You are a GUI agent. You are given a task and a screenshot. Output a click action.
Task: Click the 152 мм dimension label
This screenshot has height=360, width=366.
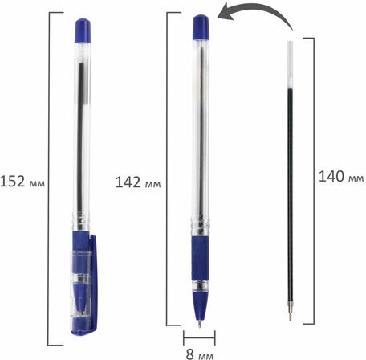pyautogui.click(x=22, y=182)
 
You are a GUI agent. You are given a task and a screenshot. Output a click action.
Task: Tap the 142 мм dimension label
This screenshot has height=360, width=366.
pyautogui.click(x=138, y=182)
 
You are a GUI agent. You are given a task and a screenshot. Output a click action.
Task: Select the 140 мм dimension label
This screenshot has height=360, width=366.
pyautogui.click(x=341, y=177)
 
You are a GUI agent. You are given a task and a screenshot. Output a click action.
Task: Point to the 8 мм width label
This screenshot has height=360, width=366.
pyautogui.click(x=200, y=354)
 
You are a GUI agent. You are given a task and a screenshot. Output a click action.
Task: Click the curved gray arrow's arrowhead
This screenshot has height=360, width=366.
pyautogui.click(x=226, y=12)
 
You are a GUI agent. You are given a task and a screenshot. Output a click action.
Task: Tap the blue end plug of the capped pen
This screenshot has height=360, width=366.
pyautogui.click(x=83, y=31)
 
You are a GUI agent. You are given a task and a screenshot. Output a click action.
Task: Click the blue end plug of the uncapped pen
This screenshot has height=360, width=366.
pyautogui.click(x=201, y=27)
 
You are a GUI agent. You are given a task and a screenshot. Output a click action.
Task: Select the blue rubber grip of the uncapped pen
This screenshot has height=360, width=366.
pyautogui.click(x=200, y=259)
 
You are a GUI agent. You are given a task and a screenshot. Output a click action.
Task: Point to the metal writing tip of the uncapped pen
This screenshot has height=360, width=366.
pyautogui.click(x=200, y=324)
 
